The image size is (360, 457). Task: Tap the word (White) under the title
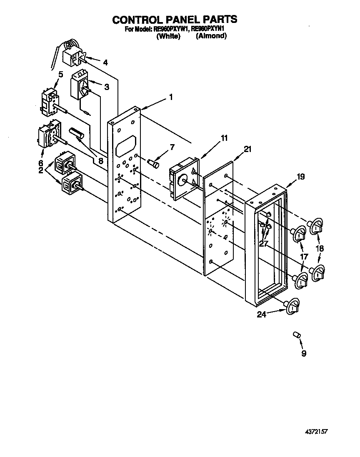pyautogui.click(x=168, y=36)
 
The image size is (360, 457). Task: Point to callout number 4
pyautogui.click(x=105, y=62)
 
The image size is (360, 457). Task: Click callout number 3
pyautogui.click(x=107, y=87)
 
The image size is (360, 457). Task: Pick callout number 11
pyautogui.click(x=224, y=138)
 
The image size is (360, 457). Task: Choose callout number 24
pyautogui.click(x=262, y=315)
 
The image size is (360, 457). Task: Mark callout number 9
pyautogui.click(x=303, y=353)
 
